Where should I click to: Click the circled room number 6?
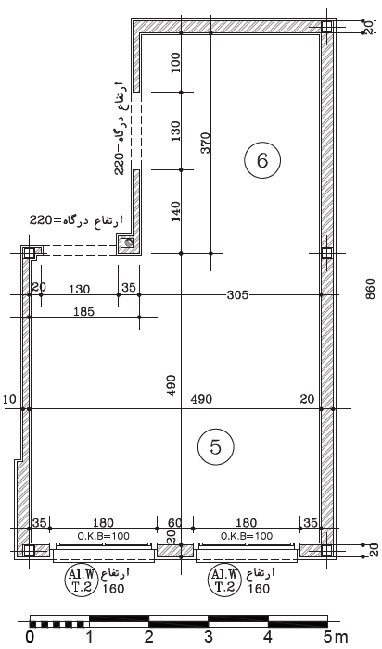pyautogui.click(x=262, y=160)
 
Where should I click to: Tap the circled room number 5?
pyautogui.click(x=216, y=447)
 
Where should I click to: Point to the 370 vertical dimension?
pyautogui.click(x=206, y=143)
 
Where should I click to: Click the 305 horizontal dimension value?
pyautogui.click(x=237, y=295)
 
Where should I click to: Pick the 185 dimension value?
pyautogui.click(x=83, y=311)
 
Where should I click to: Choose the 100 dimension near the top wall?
pyautogui.click(x=176, y=62)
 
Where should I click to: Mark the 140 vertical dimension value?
pyautogui.click(x=176, y=211)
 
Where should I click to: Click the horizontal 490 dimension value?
pyautogui.click(x=201, y=399)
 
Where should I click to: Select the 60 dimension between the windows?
pyautogui.click(x=175, y=523)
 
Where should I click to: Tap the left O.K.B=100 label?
pyautogui.click(x=104, y=536)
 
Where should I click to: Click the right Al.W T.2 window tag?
pyautogui.click(x=224, y=580)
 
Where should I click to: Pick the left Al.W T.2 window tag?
pyautogui.click(x=81, y=580)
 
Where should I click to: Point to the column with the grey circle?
pyautogui.click(x=127, y=243)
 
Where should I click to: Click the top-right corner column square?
pyautogui.click(x=326, y=27)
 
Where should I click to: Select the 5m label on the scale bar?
pyautogui.click(x=336, y=637)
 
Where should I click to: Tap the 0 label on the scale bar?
pyautogui.click(x=30, y=637)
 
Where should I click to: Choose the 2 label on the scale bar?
pyautogui.click(x=148, y=637)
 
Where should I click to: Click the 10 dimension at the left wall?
pyautogui.click(x=9, y=399)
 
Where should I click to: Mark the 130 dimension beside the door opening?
pyautogui.click(x=176, y=131)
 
